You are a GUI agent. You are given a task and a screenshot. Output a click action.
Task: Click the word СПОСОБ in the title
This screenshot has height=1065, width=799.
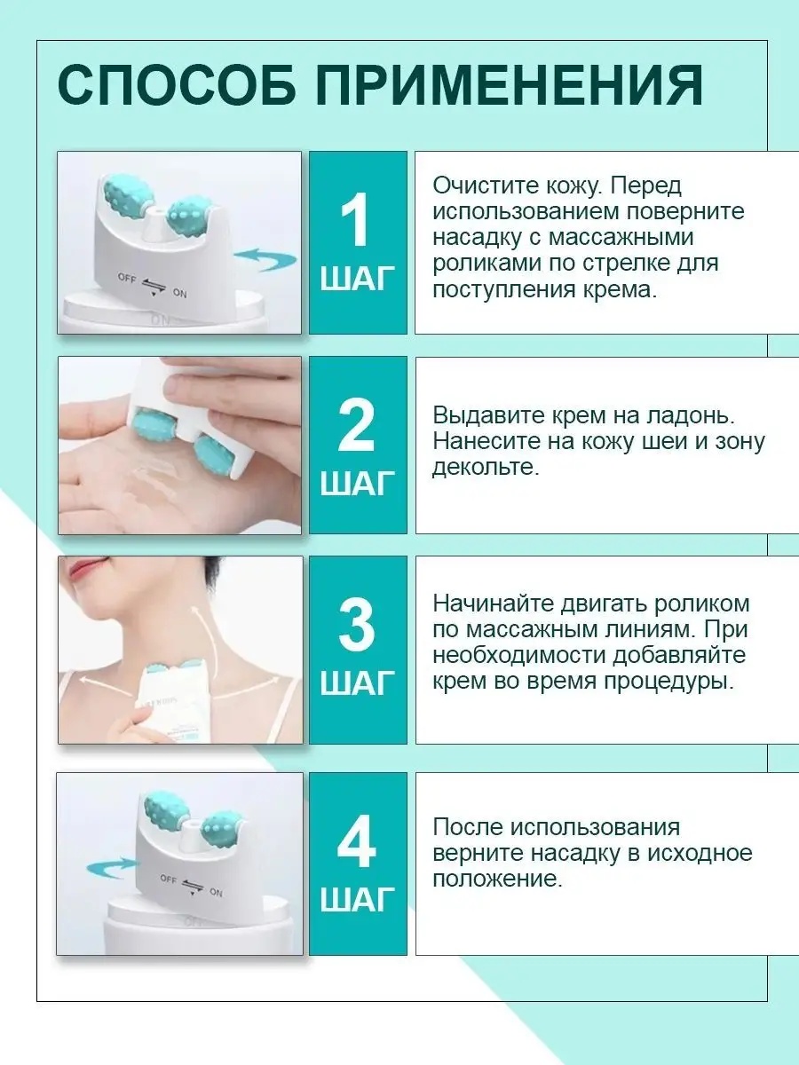click(x=177, y=85)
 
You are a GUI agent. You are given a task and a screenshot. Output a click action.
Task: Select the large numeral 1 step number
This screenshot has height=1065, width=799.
click(x=354, y=220)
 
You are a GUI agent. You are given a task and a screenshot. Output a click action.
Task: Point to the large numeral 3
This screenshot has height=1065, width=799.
click(x=357, y=625)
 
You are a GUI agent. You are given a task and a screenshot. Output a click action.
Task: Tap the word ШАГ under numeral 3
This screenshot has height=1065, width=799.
click(x=358, y=683)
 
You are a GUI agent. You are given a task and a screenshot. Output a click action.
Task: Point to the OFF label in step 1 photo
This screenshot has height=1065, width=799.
click(x=127, y=279)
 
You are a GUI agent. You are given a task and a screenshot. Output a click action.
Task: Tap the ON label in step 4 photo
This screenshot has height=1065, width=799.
click(x=216, y=892)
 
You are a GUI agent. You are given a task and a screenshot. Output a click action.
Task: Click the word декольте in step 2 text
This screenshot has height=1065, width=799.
click(x=486, y=467)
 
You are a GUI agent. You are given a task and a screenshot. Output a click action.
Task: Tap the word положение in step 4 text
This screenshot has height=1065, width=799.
click(x=497, y=879)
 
